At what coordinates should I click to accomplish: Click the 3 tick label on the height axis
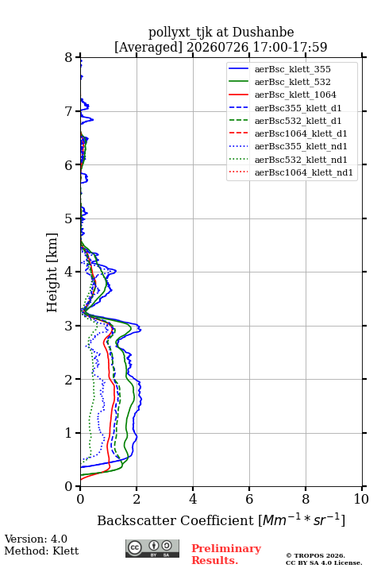tap(69, 326)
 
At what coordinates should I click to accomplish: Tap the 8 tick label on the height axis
tap(69, 58)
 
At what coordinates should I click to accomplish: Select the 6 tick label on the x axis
tap(249, 499)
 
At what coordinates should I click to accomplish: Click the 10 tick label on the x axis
tap(361, 499)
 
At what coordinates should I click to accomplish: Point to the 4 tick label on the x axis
tap(193, 499)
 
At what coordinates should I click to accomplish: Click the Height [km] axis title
tap(52, 272)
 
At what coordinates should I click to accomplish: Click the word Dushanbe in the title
tap(263, 33)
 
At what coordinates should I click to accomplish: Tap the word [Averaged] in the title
tap(148, 48)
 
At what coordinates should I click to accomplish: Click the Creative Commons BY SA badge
tap(152, 549)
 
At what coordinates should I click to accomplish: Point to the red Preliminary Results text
tap(226, 555)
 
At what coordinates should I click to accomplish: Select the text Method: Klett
tap(41, 551)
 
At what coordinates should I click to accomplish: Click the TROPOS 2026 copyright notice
tap(316, 555)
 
